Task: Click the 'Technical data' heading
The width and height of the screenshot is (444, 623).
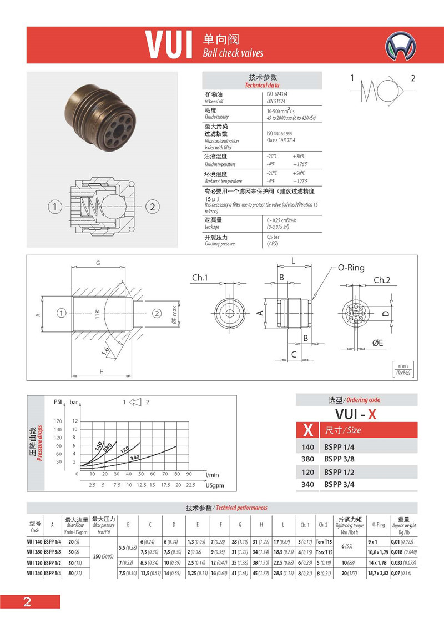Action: point(263,85)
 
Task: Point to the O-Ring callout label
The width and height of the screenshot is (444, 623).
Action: point(351,268)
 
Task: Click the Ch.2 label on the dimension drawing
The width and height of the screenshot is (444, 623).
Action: point(382,280)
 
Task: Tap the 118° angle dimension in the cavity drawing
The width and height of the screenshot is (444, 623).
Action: point(97,313)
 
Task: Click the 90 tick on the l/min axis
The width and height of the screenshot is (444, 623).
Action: point(189,474)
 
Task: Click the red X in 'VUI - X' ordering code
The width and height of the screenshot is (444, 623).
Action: point(372,414)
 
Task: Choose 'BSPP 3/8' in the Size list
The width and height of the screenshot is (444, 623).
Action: point(340,459)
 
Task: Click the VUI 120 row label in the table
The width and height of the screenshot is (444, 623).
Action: point(35,562)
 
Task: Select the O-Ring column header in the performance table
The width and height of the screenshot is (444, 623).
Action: point(379,525)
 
